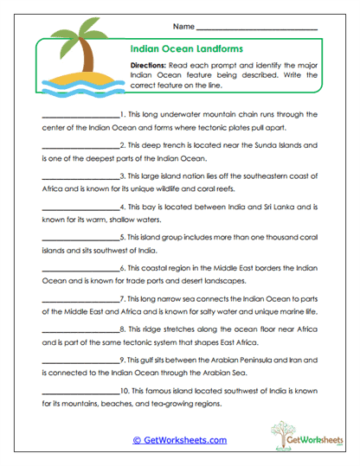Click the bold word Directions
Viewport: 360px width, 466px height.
point(151,65)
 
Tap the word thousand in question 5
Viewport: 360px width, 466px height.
point(273,238)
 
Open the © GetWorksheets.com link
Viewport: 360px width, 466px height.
point(180,439)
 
